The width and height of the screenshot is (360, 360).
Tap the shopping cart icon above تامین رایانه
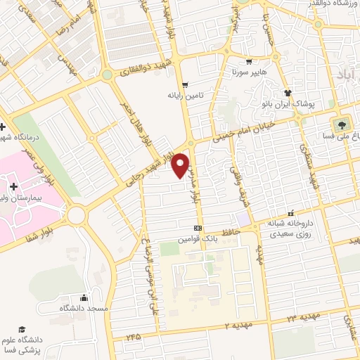click(x=186, y=84)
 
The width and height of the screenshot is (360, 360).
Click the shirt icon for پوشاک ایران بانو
click(x=287, y=92)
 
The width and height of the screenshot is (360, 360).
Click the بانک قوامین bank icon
click(x=198, y=228)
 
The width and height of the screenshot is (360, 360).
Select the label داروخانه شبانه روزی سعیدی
click(x=289, y=223)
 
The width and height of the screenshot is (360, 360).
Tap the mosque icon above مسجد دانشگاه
click(x=84, y=297)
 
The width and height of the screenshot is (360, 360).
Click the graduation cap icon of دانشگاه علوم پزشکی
click(x=22, y=329)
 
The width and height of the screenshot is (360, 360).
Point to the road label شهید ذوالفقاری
click(x=145, y=70)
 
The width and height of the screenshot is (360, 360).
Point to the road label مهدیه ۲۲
click(x=301, y=319)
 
